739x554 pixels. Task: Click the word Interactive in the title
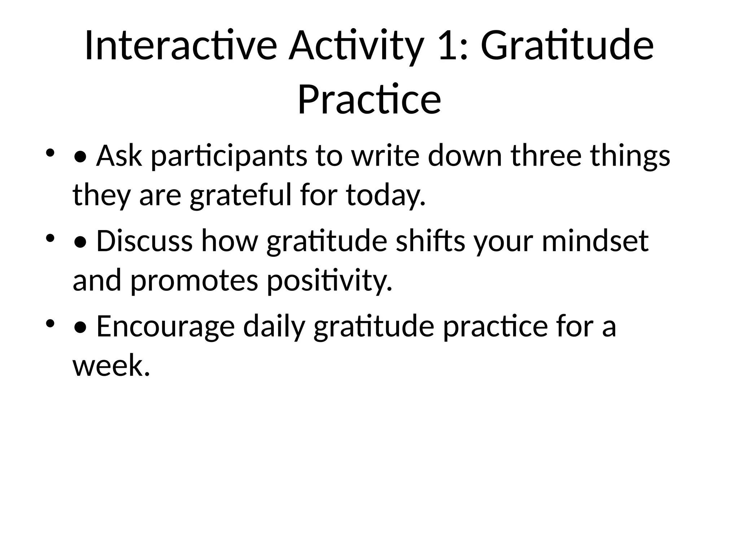click(180, 46)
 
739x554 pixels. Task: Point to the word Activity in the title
click(355, 46)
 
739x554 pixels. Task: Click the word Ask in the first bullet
click(119, 156)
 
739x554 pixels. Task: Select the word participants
click(229, 156)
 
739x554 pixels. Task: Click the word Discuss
click(144, 241)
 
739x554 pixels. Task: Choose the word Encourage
click(165, 326)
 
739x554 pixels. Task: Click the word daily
click(274, 326)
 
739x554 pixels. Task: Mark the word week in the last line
click(110, 365)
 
